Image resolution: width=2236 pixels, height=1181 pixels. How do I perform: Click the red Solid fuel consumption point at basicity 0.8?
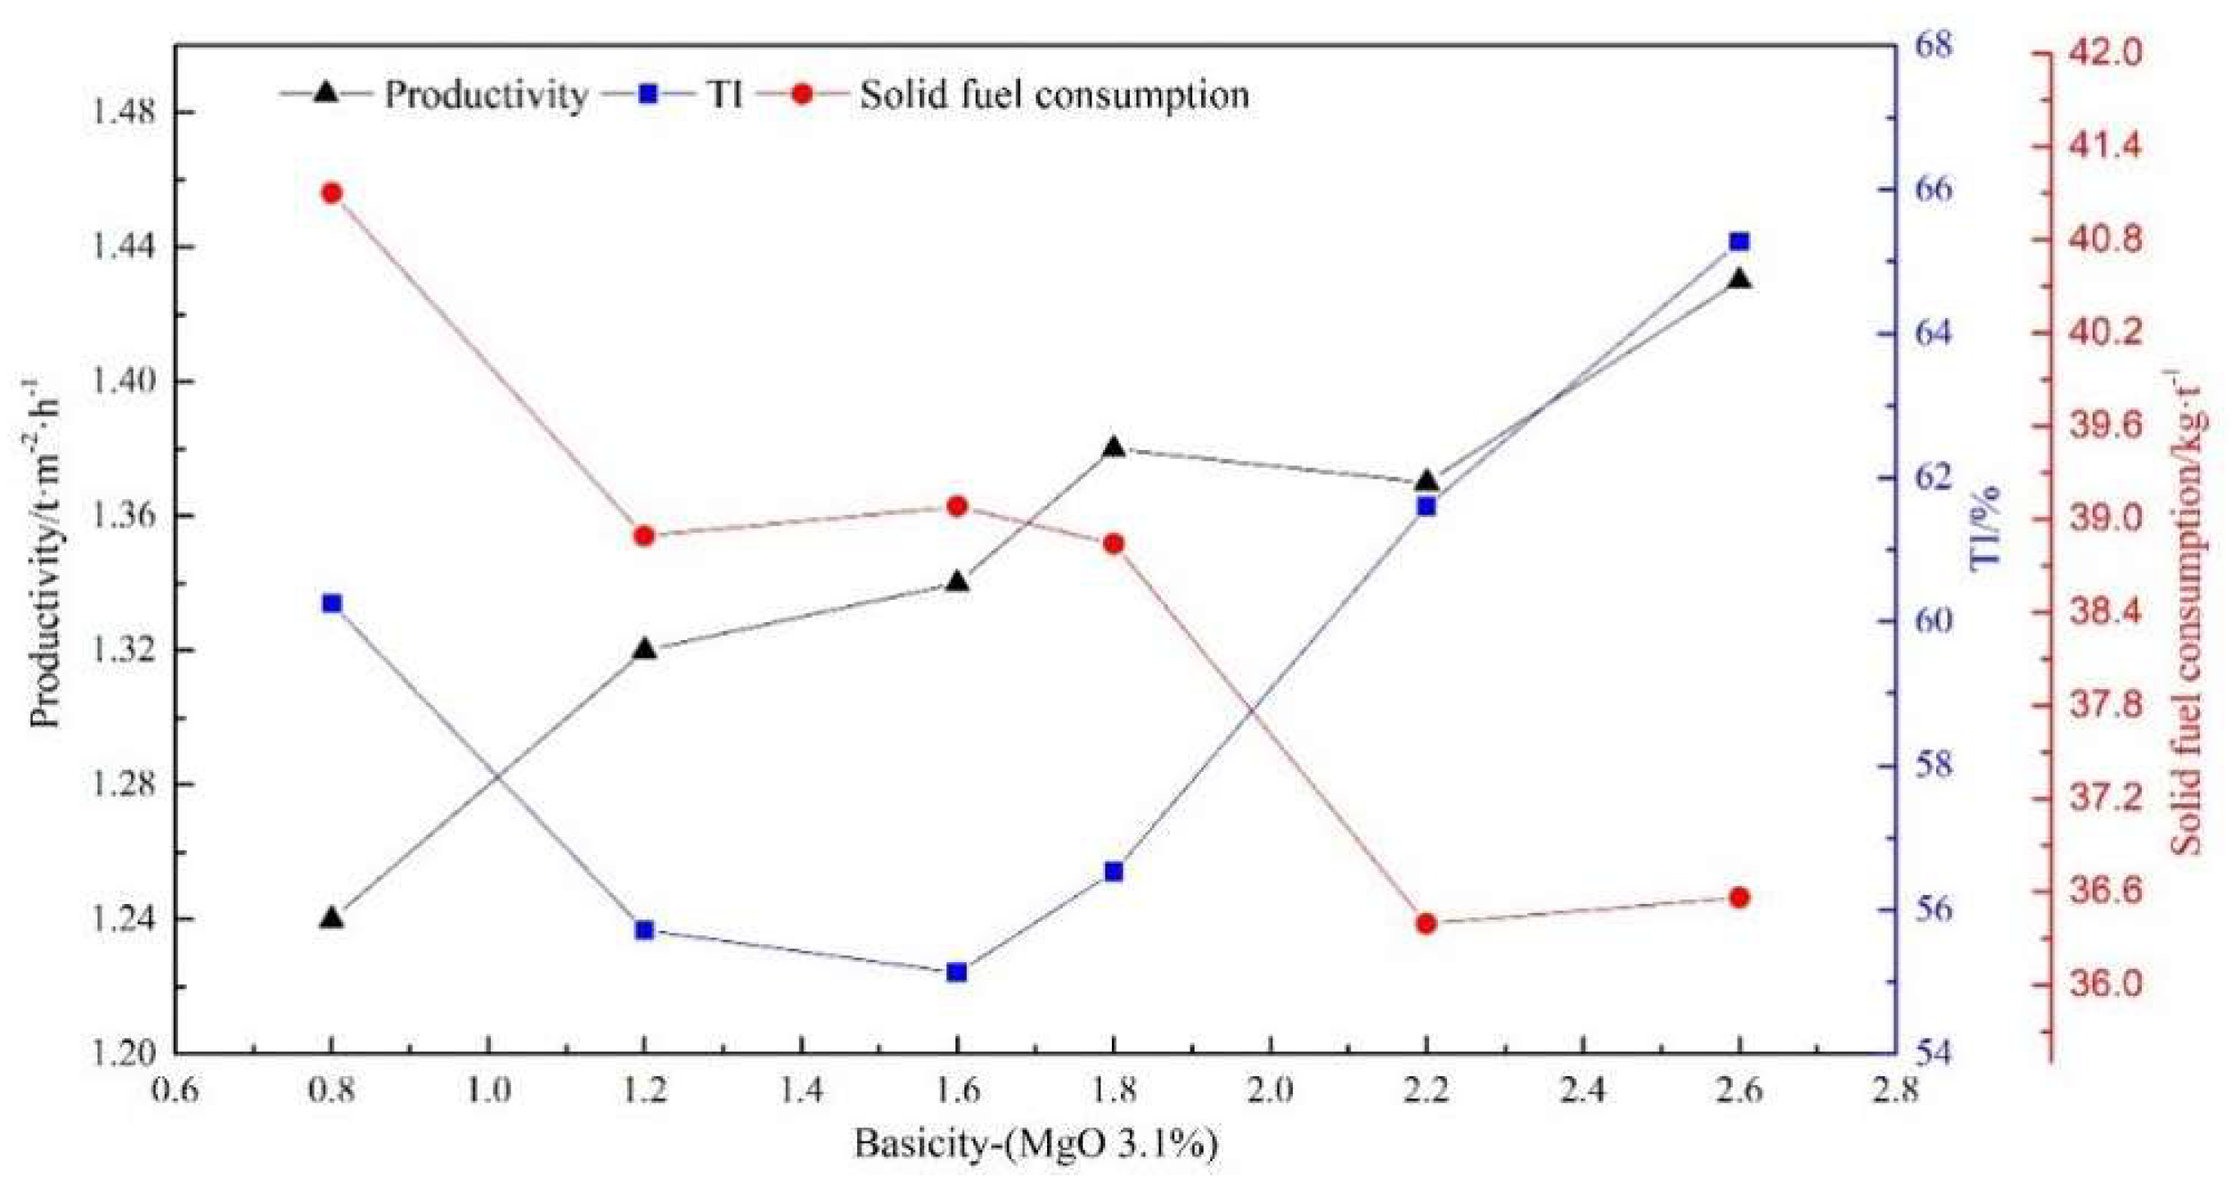331,193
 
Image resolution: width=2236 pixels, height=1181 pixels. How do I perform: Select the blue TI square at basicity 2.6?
1739,242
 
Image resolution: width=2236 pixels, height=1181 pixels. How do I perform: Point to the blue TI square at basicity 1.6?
956,973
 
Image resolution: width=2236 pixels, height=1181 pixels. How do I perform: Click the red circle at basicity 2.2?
1426,923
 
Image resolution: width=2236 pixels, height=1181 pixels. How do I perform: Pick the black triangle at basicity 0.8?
331,919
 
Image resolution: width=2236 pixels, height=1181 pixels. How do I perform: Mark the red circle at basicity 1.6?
956,506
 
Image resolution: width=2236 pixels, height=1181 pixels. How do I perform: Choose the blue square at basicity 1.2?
644,930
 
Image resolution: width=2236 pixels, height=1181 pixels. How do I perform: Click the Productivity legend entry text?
485,93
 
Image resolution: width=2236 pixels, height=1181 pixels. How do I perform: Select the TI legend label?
725,93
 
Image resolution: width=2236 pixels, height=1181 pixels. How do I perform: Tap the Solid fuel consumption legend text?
1054,93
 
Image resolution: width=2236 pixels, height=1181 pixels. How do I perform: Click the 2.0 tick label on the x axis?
1270,1090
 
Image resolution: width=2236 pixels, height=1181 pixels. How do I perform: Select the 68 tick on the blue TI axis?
1932,45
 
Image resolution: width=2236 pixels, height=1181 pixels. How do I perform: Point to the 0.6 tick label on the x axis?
175,1090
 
